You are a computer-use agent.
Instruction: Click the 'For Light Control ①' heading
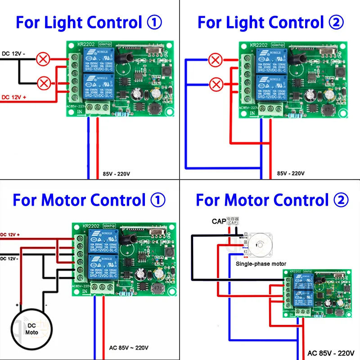pyautogui.click(x=89, y=22)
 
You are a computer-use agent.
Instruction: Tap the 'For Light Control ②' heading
pyautogui.click(x=270, y=22)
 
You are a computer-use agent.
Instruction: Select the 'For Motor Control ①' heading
pyautogui.click(x=89, y=200)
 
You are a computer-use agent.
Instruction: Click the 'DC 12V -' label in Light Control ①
pyautogui.click(x=14, y=54)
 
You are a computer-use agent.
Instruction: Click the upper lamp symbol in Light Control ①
pyautogui.click(x=44, y=59)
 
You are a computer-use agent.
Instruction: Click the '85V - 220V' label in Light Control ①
pyautogui.click(x=117, y=173)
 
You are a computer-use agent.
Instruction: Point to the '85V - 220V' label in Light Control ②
pyautogui.click(x=291, y=173)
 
